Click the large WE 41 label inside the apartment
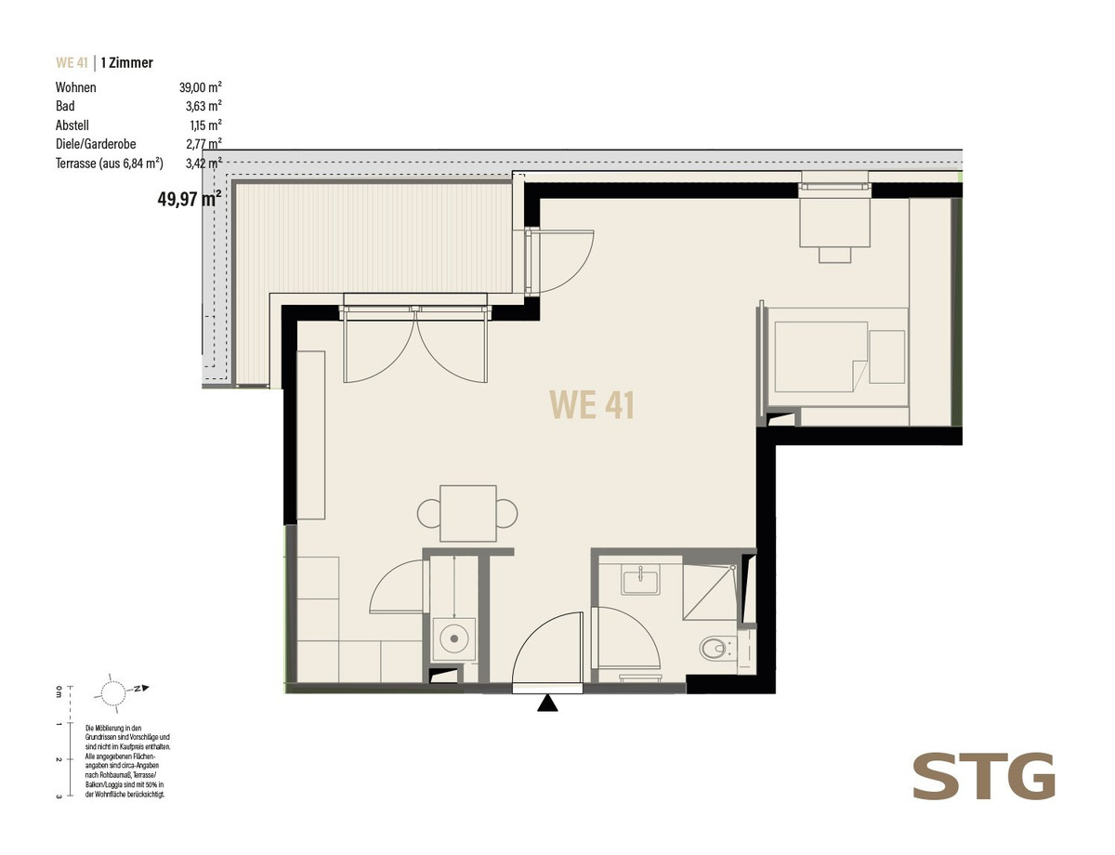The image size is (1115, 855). click(x=592, y=405)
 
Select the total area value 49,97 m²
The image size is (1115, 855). click(x=190, y=199)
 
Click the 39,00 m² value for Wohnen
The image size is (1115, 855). click(x=200, y=87)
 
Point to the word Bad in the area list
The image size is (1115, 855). click(x=65, y=106)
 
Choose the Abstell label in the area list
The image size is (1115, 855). click(x=72, y=125)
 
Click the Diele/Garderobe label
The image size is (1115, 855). click(x=96, y=144)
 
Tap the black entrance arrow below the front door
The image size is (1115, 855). click(x=547, y=704)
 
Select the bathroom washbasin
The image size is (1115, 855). click(x=640, y=580)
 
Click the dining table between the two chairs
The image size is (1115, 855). click(x=468, y=513)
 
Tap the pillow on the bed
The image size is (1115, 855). click(x=886, y=357)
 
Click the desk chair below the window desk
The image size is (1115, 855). click(x=834, y=255)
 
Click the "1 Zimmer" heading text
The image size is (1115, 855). click(x=126, y=63)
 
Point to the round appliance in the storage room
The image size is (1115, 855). click(x=454, y=639)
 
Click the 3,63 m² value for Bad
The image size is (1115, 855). click(x=203, y=106)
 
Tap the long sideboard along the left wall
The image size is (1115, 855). click(x=311, y=435)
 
